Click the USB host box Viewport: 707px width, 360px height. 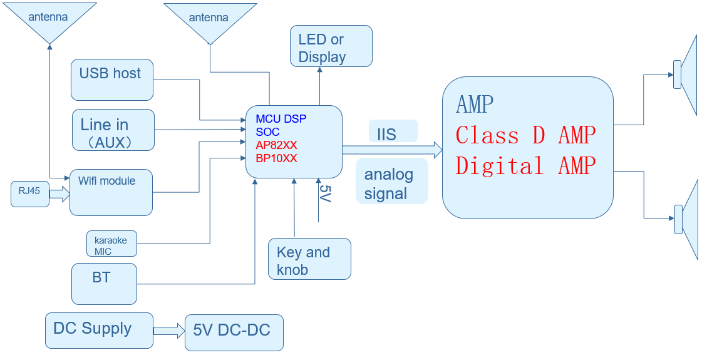[112, 80]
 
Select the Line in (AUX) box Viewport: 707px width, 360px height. [113, 130]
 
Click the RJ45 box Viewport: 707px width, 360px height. [30, 194]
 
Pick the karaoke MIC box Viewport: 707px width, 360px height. [111, 244]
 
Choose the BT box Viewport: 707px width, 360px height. [104, 284]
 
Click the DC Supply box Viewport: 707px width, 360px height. [99, 330]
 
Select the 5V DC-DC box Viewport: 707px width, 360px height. [234, 332]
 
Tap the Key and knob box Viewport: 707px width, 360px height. [309, 259]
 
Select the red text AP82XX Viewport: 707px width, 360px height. [276, 145]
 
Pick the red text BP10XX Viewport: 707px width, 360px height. [276, 158]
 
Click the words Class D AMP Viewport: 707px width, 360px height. [525, 135]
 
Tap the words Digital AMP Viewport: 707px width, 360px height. [525, 166]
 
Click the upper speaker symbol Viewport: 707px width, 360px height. [686, 75]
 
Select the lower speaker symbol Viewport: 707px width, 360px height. [687, 219]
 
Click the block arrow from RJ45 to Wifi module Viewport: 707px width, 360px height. [59, 195]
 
